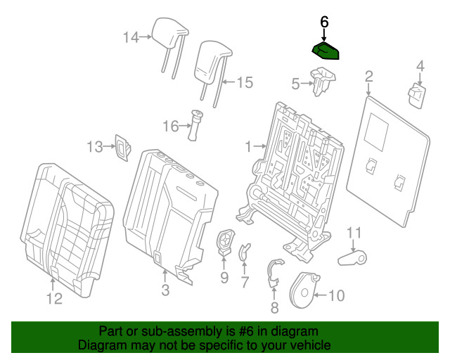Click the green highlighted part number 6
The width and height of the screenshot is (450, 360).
326,51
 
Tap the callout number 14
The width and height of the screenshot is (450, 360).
131,37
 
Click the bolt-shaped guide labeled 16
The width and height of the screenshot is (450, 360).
195,125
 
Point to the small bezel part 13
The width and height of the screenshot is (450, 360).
123,148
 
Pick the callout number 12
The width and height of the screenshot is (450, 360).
54,299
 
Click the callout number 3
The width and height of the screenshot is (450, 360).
165,290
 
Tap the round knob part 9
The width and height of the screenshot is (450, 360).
226,243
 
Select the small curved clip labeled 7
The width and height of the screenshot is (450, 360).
244,252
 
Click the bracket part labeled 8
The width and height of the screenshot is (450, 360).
274,273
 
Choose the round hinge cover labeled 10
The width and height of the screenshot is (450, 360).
304,290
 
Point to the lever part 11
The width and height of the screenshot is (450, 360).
352,258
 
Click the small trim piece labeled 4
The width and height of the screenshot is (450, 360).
417,96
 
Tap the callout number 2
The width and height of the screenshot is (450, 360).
368,76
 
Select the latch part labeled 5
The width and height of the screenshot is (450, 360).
323,82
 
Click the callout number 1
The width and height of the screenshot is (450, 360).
248,147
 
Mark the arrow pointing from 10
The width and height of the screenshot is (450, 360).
321,295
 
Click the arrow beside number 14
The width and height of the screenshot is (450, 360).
146,37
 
